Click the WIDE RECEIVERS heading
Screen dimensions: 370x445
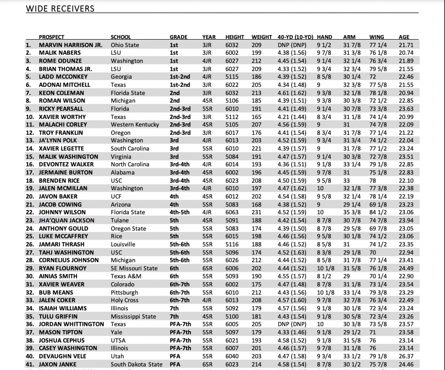60,8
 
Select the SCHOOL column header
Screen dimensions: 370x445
121,37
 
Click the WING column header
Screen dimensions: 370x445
377,37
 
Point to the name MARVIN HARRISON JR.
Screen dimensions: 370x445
71,45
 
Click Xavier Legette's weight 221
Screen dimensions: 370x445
256,149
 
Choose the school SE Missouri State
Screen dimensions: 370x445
134,268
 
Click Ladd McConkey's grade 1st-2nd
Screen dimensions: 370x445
180,77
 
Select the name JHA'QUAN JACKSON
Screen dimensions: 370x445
67,220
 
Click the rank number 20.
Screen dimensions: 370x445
29,196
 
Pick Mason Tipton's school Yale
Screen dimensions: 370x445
117,332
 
